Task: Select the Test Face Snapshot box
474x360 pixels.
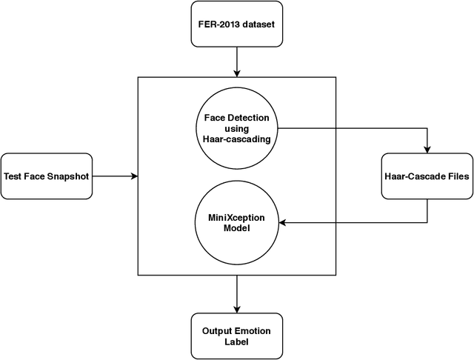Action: (x=46, y=176)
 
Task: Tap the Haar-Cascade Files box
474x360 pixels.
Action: (x=427, y=176)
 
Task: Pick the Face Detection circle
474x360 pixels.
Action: (x=237, y=128)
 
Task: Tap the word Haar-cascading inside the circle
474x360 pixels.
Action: (x=237, y=139)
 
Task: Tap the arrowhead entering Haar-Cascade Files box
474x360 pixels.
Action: (x=427, y=150)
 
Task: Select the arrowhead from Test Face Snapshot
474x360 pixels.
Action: (x=135, y=176)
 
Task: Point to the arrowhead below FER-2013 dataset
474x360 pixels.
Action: (x=237, y=73)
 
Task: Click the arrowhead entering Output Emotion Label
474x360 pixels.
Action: (x=237, y=308)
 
